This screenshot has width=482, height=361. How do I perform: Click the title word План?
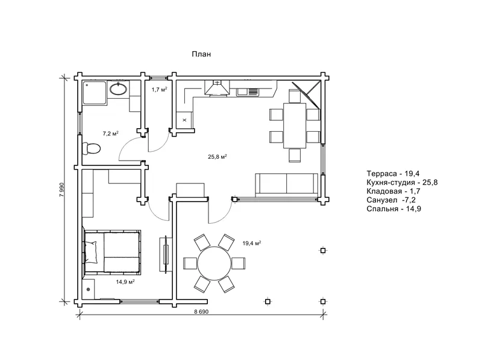(201, 54)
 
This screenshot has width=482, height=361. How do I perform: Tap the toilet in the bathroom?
(92, 149)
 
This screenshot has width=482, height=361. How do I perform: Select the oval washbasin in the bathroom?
(118, 89)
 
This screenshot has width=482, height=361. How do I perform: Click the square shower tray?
(95, 93)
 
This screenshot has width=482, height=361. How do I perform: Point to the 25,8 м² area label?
(218, 156)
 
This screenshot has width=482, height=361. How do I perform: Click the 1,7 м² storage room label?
(159, 90)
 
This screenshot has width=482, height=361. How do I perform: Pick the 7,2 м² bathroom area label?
(110, 134)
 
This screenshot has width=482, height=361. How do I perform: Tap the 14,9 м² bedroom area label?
(125, 282)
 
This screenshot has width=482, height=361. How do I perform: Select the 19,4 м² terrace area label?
(252, 244)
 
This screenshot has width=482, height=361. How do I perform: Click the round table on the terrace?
(214, 264)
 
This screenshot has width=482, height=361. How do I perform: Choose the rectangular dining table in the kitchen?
(295, 126)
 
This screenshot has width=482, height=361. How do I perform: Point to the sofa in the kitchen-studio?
(287, 184)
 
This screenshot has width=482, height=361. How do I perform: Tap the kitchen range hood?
(217, 88)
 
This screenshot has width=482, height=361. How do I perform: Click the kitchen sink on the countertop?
(248, 91)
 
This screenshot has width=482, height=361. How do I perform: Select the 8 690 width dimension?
(201, 312)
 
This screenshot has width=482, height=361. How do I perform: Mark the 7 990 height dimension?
(61, 190)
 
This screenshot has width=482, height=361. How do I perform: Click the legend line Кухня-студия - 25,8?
(402, 183)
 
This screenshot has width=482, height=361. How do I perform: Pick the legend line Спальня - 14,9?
(394, 209)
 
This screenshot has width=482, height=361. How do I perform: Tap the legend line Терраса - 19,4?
(393, 174)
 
